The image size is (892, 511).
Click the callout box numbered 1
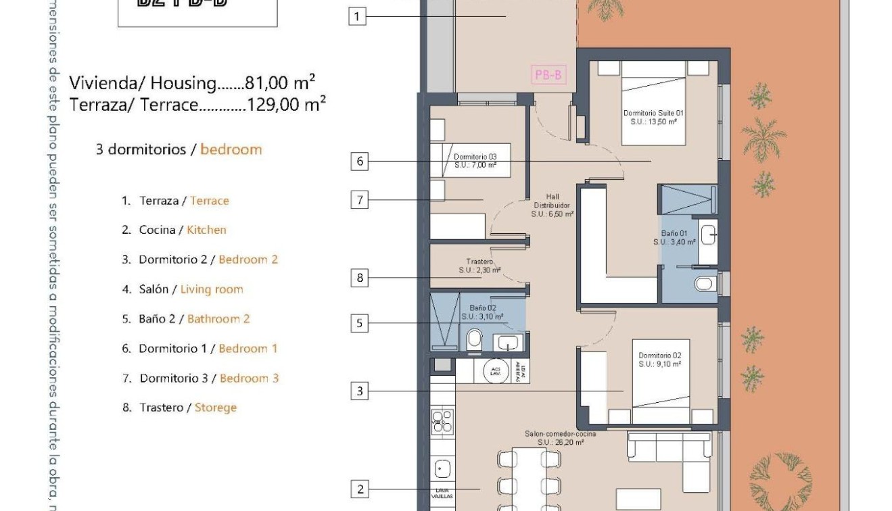[x=357, y=16]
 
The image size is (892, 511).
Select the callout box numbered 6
[x=360, y=162]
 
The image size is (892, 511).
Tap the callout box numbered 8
[x=360, y=278]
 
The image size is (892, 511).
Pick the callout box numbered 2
[x=360, y=489]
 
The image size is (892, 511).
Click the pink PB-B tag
[x=548, y=75]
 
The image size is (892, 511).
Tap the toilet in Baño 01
[x=705, y=283]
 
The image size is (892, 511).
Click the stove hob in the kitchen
[x=442, y=421]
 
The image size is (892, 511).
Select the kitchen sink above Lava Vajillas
[x=442, y=468]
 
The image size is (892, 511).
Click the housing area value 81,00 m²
[x=279, y=84]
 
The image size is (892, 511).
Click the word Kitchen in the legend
[x=206, y=230]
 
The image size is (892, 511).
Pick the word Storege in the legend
[x=215, y=408]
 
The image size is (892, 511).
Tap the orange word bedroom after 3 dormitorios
[x=231, y=149]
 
